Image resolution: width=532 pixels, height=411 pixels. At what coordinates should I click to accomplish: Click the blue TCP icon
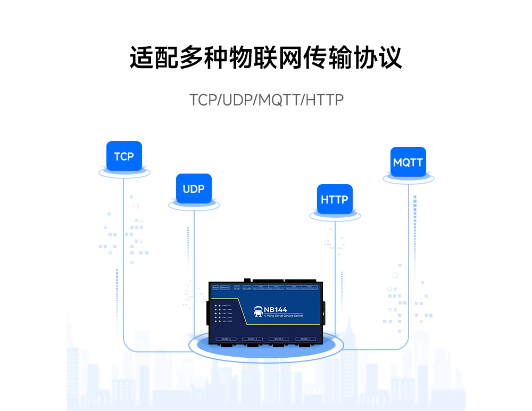pyautogui.click(x=124, y=156)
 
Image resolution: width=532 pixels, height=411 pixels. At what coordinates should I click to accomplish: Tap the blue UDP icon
pyautogui.click(x=194, y=188)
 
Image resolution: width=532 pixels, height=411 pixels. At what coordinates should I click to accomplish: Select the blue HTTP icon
pyautogui.click(x=335, y=199)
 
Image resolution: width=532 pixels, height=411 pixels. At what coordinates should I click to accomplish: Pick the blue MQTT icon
pyautogui.click(x=408, y=162)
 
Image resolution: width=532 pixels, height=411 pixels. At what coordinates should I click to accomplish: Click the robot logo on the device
pyautogui.click(x=259, y=311)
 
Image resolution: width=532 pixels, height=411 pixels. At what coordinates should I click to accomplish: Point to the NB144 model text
pyautogui.click(x=276, y=309)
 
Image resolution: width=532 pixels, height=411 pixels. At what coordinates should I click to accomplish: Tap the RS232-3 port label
pyautogui.click(x=252, y=339)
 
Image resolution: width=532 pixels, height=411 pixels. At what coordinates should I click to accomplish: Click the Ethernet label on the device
pyautogui.click(x=225, y=288)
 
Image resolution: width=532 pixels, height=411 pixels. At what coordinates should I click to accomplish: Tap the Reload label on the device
pyautogui.click(x=215, y=288)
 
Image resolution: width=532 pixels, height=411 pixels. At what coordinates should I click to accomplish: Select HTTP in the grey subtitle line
pyautogui.click(x=325, y=100)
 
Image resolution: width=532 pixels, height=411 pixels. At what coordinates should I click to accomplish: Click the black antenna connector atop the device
pyautogui.click(x=247, y=280)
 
